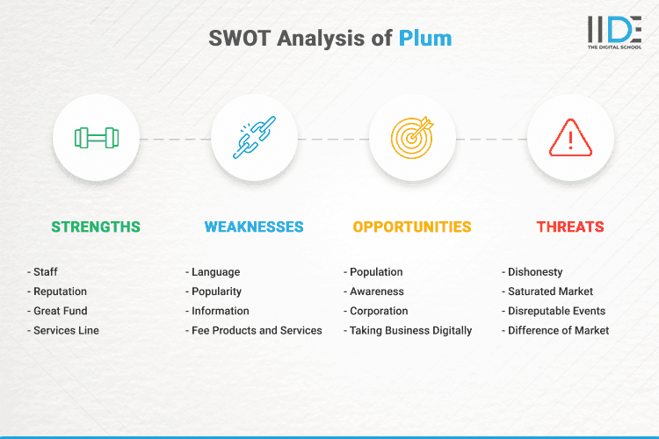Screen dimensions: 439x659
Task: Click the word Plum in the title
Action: pyautogui.click(x=425, y=39)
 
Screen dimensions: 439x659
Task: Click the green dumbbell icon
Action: pyautogui.click(x=96, y=138)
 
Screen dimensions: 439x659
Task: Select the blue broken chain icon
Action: pyautogui.click(x=254, y=138)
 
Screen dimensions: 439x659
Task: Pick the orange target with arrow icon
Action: pyautogui.click(x=412, y=138)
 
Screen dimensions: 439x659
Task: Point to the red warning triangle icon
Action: pyautogui.click(x=570, y=138)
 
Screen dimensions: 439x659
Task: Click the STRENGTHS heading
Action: pyautogui.click(x=96, y=227)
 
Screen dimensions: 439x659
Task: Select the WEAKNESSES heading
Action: pyautogui.click(x=254, y=227)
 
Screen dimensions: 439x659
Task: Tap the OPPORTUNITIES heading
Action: pyautogui.click(x=412, y=227)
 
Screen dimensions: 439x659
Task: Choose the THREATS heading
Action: pyautogui.click(x=570, y=227)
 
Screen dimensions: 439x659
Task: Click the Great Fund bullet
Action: pyautogui.click(x=61, y=311)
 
